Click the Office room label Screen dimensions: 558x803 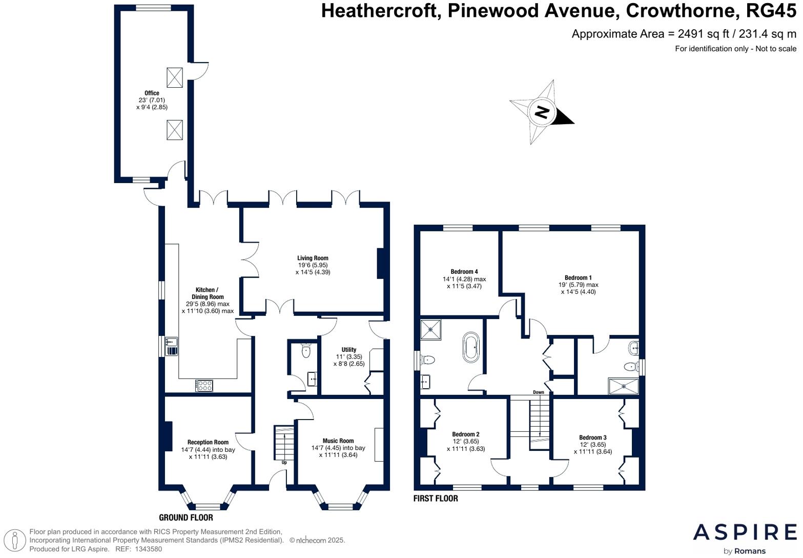pyautogui.click(x=152, y=93)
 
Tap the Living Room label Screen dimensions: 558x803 pyautogui.click(x=313, y=258)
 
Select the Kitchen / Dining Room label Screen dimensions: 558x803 pyautogui.click(x=208, y=293)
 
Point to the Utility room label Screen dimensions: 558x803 pyautogui.click(x=348, y=350)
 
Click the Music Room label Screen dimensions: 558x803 pyautogui.click(x=338, y=441)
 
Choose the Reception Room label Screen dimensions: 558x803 pyautogui.click(x=208, y=442)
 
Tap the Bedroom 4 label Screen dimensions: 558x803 pyautogui.click(x=464, y=272)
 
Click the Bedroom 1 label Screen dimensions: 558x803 pyautogui.click(x=578, y=278)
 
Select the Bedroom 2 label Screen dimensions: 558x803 pyautogui.click(x=465, y=434)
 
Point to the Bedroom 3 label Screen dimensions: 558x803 pyautogui.click(x=593, y=437)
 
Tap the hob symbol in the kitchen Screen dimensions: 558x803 pyautogui.click(x=204, y=385)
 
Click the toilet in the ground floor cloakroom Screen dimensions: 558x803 pyautogui.click(x=306, y=351)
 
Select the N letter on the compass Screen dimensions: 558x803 pyautogui.click(x=542, y=112)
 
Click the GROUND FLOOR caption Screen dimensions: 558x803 pyautogui.click(x=186, y=517)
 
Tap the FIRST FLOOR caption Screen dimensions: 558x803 pyautogui.click(x=436, y=499)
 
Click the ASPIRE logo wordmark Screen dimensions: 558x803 pyautogui.click(x=745, y=532)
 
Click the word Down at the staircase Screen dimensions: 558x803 pyautogui.click(x=538, y=392)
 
